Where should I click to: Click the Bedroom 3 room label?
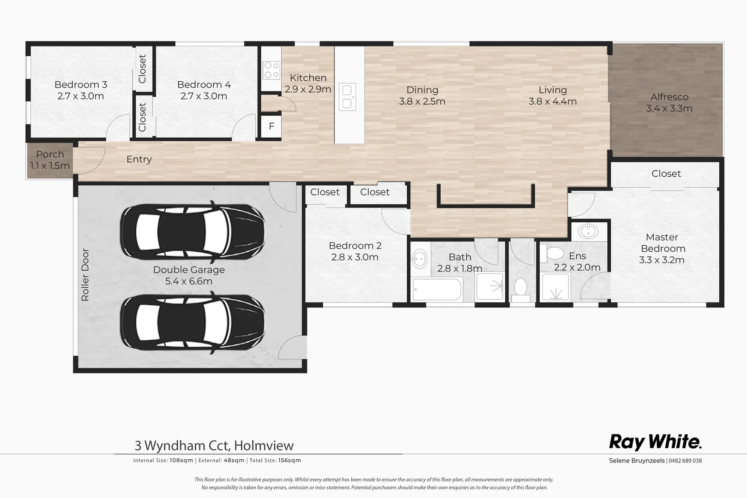[x=81, y=85]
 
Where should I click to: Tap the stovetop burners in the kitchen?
[x=271, y=70]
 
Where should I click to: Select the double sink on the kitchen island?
[x=347, y=97]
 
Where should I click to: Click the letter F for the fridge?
[x=271, y=126]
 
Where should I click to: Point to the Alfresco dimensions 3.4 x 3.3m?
[x=669, y=109]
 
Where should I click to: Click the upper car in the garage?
[x=192, y=231]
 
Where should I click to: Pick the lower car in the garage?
[x=192, y=321]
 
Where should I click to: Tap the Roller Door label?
[x=85, y=275]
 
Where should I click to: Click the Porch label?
[x=50, y=154]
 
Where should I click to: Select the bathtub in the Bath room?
[x=437, y=289]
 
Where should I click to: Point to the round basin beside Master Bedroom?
[x=589, y=231]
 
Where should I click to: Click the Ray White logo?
[x=655, y=442]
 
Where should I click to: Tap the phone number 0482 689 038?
[x=685, y=461]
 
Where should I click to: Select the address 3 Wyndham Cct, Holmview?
[x=214, y=445]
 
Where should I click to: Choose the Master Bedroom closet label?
[x=666, y=174]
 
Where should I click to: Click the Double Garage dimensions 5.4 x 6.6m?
[x=189, y=281]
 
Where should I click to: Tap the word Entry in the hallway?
[x=139, y=159]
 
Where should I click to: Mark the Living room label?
[x=552, y=90]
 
